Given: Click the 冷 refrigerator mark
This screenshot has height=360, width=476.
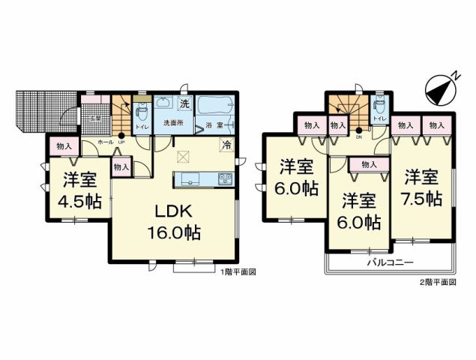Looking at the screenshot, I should [x=226, y=145].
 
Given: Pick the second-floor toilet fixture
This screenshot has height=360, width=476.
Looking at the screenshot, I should [x=379, y=106].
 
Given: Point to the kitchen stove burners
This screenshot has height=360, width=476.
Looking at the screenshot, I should [x=224, y=178].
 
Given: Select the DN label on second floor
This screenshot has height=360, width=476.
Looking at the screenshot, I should [x=359, y=137].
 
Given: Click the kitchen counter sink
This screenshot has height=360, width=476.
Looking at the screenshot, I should [x=187, y=178].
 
